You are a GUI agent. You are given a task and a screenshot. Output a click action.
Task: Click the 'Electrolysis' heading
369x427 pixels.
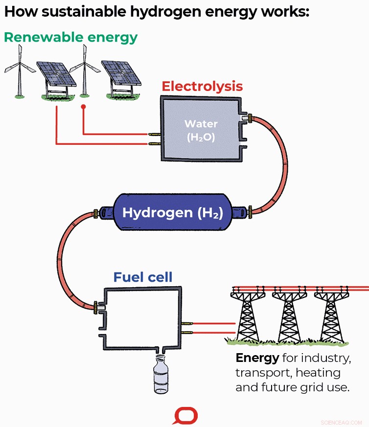click(x=202, y=87)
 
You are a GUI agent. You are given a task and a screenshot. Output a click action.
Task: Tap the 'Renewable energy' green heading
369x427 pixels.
click(x=70, y=37)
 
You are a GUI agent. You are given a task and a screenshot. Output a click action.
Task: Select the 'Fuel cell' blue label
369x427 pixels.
click(x=143, y=277)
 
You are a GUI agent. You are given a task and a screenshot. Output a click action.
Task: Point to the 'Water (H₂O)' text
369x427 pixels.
click(x=201, y=131)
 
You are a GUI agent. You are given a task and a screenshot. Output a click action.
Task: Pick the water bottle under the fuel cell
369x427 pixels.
click(x=161, y=374)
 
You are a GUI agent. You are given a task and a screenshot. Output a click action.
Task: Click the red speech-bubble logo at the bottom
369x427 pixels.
click(x=185, y=416)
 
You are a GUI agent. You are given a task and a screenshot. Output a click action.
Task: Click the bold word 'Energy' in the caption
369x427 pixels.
click(x=257, y=358)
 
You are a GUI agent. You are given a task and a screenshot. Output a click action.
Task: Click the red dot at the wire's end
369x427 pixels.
click(x=83, y=107)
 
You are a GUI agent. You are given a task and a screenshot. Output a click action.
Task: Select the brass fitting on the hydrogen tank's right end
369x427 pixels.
click(x=250, y=210)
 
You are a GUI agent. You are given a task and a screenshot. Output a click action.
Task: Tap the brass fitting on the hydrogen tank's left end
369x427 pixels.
click(x=103, y=213)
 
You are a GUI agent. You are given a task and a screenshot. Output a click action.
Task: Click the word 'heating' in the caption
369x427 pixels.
click(x=318, y=373)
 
